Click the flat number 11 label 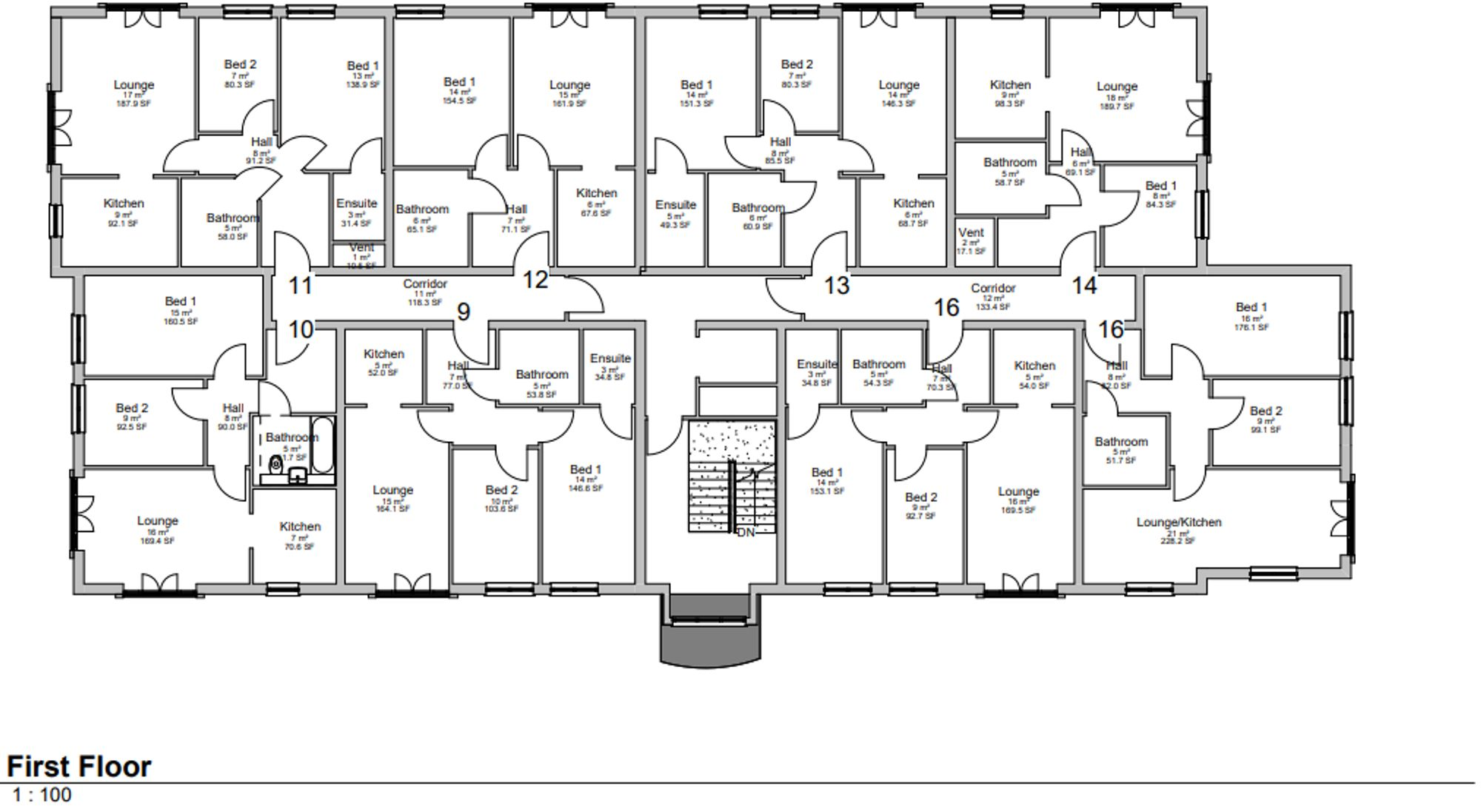pyautogui.click(x=300, y=285)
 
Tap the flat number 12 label pyautogui.click(x=535, y=280)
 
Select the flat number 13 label pyautogui.click(x=837, y=285)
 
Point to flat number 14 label pyautogui.click(x=1084, y=285)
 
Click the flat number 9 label pyautogui.click(x=464, y=312)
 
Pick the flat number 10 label pyautogui.click(x=300, y=329)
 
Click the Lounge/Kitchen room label pyautogui.click(x=1179, y=523)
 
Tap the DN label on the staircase pyautogui.click(x=746, y=532)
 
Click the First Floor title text pyautogui.click(x=79, y=767)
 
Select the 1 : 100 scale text pyautogui.click(x=42, y=795)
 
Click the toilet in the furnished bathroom pyautogui.click(x=276, y=465)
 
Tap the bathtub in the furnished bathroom pyautogui.click(x=323, y=446)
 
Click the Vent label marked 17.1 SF pyautogui.click(x=971, y=233)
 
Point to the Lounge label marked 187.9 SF pyautogui.click(x=133, y=85)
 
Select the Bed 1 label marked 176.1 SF pyautogui.click(x=1251, y=307)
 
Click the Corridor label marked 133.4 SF pyautogui.click(x=993, y=289)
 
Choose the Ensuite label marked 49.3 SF pyautogui.click(x=675, y=205)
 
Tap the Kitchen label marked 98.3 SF pyautogui.click(x=1010, y=85)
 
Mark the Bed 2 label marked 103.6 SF pyautogui.click(x=501, y=490)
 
